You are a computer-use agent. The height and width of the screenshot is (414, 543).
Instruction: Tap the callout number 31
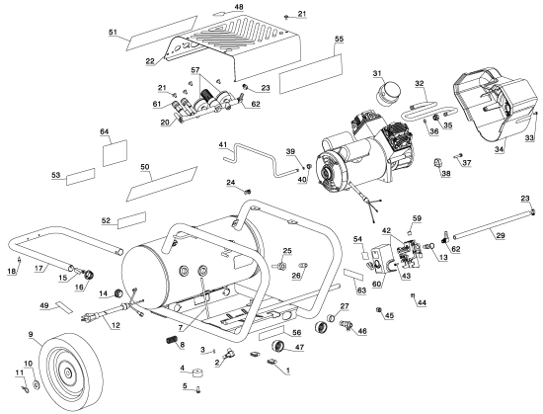pos(377,73)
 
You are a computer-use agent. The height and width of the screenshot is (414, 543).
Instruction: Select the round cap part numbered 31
pos(388,92)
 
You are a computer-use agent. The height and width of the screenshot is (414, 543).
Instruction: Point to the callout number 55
pos(339,39)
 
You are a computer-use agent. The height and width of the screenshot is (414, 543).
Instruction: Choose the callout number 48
pos(239,7)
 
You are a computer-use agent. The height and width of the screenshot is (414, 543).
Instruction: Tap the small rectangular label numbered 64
pos(115,153)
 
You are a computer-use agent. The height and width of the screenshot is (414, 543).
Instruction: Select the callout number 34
pos(499,149)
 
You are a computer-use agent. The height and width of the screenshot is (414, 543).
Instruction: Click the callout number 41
pos(222,144)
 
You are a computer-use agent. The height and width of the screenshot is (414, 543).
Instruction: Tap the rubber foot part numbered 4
pos(197,373)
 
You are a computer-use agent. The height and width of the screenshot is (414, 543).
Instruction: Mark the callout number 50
pos(145,167)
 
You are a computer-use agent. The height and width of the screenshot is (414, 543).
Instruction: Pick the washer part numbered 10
pos(36,384)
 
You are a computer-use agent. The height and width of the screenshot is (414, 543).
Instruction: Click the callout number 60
pos(376,284)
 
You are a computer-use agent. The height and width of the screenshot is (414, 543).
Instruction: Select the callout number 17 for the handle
pos(39,268)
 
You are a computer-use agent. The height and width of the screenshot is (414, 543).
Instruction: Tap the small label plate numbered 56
pos(271,334)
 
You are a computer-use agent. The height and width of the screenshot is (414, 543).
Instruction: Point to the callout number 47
pos(299,347)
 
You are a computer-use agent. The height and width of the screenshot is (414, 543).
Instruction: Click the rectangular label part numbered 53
pos(81,176)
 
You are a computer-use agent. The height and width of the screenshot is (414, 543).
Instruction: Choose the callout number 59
pos(417,218)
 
